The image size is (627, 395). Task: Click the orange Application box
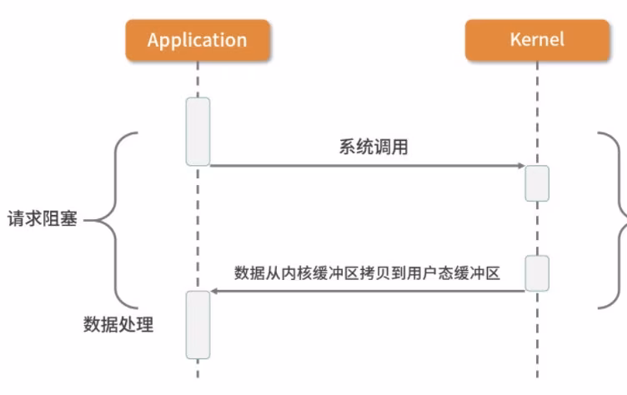(x=198, y=40)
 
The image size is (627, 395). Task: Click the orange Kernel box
(x=537, y=40)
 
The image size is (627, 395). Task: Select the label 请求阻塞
(x=43, y=221)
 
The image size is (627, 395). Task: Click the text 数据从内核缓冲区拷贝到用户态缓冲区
(x=367, y=272)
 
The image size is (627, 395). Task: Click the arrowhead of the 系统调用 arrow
(x=519, y=166)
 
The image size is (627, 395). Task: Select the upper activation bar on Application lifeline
(x=198, y=132)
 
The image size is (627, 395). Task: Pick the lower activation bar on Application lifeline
(x=198, y=324)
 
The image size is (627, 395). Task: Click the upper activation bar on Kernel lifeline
(x=537, y=183)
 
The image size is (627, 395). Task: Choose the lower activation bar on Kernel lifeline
(x=537, y=273)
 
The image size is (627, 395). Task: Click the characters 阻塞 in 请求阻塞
(x=60, y=221)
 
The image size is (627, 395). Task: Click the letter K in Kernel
(x=514, y=39)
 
